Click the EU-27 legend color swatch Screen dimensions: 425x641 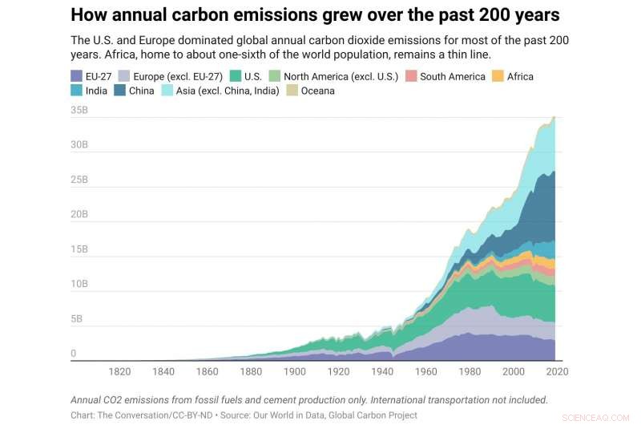click(x=77, y=76)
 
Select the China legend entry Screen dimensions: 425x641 click(x=141, y=91)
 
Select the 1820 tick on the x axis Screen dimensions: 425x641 click(x=119, y=371)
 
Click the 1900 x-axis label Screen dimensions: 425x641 click(x=294, y=371)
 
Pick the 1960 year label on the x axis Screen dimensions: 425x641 click(x=425, y=371)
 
